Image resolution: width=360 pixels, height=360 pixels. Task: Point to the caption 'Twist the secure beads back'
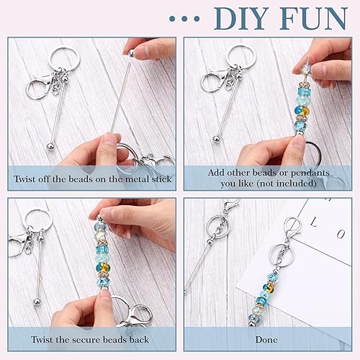coord(91,339)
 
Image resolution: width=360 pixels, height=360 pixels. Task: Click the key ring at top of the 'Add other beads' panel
coord(239,58)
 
